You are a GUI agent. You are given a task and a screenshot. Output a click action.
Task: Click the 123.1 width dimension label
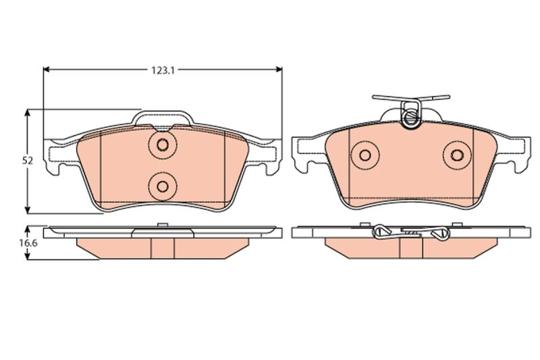coord(163,70)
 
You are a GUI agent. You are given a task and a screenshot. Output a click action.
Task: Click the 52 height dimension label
coord(28,161)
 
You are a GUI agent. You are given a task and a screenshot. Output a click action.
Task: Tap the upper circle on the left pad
coord(163,145)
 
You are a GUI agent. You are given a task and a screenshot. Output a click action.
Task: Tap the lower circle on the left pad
coord(163,186)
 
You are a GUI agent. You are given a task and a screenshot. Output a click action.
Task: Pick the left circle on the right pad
coord(365,155)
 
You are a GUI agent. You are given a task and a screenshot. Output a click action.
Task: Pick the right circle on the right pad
coord(458,155)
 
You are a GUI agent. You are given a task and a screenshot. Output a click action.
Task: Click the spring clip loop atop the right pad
coord(410,115)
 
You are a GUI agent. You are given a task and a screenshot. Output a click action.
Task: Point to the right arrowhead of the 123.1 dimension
coord(278,70)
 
